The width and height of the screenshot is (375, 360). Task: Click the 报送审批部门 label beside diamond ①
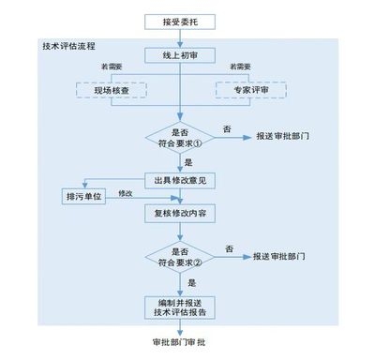point(283,136)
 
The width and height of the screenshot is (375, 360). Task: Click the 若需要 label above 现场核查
point(112,68)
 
